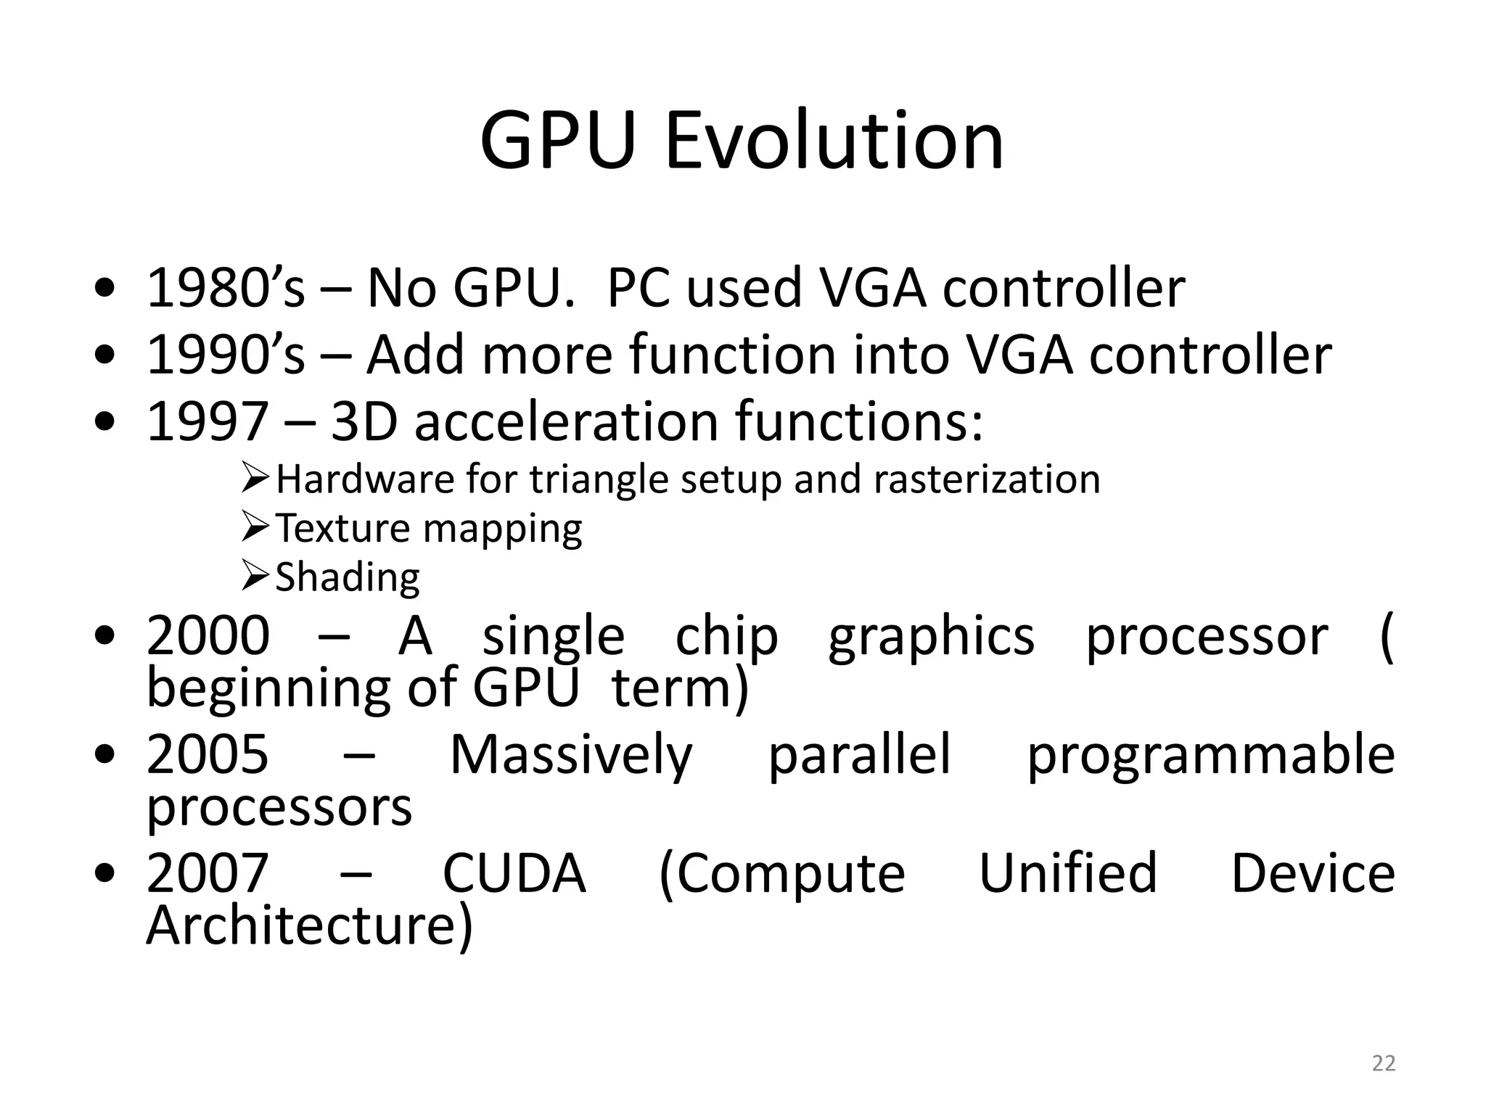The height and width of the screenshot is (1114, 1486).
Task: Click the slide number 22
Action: pos(1384,1063)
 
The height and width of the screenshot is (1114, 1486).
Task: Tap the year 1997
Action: pos(208,421)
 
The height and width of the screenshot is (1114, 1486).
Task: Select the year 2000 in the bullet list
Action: pos(208,635)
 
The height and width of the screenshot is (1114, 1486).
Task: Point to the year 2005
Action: pos(208,754)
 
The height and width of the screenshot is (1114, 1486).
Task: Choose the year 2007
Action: pos(208,873)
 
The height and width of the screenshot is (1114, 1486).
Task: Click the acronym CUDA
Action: pos(514,873)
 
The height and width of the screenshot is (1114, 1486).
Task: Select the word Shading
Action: pos(348,578)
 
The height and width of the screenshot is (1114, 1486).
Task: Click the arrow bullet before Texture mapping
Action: pos(256,527)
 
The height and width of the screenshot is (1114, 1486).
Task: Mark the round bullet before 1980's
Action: pos(105,289)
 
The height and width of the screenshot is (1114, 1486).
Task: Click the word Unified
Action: pos(1068,873)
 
